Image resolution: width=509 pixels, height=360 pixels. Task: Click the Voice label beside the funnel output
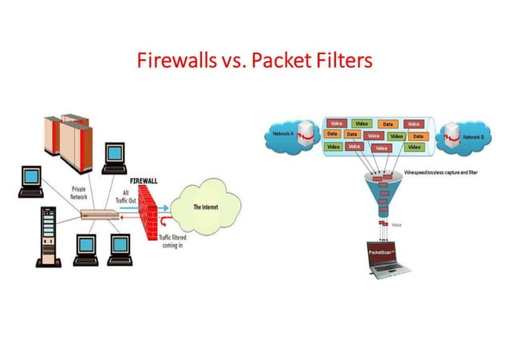397,225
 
